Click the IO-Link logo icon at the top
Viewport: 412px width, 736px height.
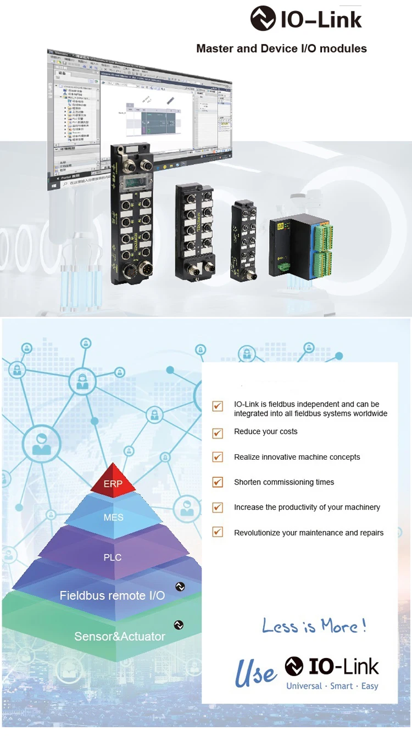(263, 18)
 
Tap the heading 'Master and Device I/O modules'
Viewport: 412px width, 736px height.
(281, 48)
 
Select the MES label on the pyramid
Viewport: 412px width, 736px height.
(114, 517)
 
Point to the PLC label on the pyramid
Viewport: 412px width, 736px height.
(113, 557)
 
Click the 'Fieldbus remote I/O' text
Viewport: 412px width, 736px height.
(112, 595)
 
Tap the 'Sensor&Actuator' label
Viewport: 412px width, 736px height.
(120, 636)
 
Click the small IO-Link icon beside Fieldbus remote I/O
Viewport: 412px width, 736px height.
(180, 587)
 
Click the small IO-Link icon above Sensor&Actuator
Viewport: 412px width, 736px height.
(178, 625)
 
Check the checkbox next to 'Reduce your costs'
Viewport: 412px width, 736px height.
(218, 432)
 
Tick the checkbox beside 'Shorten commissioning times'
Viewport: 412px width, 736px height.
(218, 482)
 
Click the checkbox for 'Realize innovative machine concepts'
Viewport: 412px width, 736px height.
(218, 457)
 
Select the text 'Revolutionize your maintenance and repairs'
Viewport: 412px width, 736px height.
(309, 533)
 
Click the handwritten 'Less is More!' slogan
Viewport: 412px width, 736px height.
(314, 626)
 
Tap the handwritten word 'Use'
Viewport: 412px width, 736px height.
(255, 674)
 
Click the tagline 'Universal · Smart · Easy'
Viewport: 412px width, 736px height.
(332, 685)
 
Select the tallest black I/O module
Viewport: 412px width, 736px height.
(132, 214)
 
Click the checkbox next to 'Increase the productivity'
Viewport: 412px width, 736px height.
(218, 508)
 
